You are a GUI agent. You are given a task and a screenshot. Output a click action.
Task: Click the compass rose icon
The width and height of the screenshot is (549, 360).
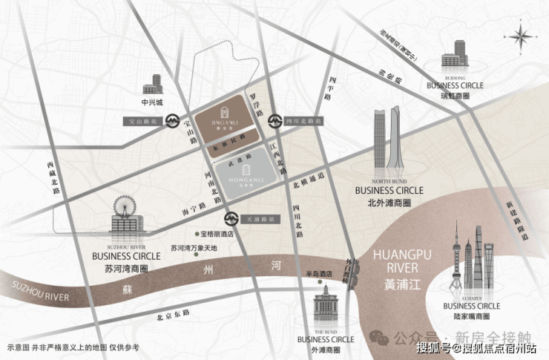click(522, 36)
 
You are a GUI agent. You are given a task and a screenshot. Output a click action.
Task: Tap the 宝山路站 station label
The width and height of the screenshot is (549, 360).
click(140, 119)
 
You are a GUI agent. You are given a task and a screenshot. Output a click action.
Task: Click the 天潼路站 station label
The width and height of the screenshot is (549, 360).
click(259, 220)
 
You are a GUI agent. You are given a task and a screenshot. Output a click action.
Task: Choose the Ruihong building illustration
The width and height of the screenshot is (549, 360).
click(454, 56)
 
